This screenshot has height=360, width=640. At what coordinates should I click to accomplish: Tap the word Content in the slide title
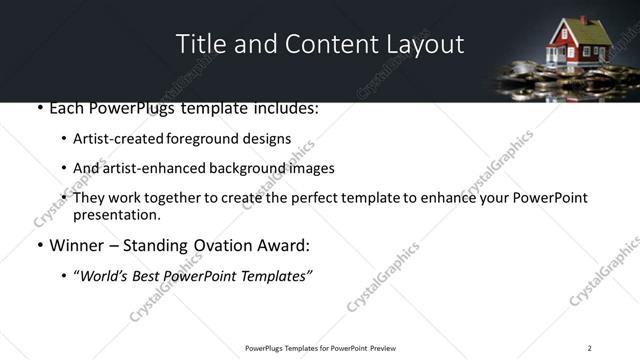321,44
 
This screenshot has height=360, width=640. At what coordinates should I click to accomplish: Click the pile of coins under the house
560,75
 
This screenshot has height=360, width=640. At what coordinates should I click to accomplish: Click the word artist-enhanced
152,168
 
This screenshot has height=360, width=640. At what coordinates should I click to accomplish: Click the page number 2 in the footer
589,348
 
